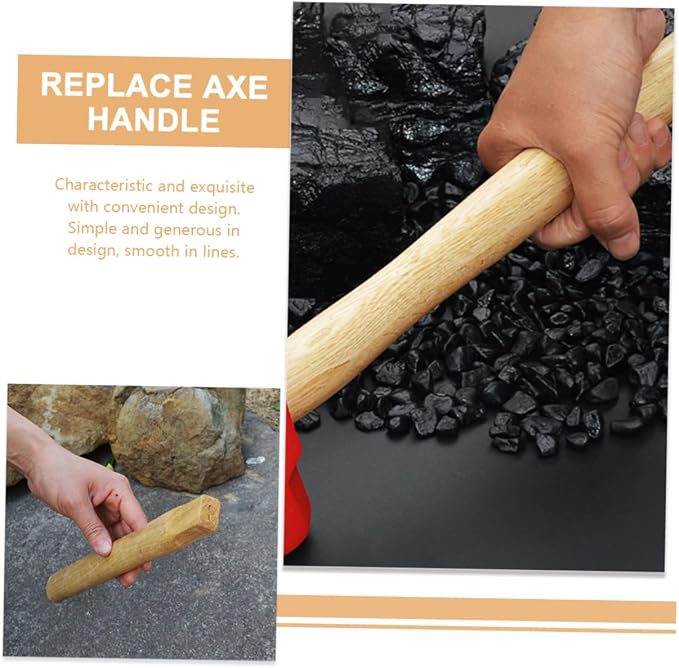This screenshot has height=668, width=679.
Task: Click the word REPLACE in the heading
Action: (x=116, y=85)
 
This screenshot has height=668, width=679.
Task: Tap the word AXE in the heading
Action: (x=235, y=86)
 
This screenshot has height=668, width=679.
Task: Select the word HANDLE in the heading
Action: (x=154, y=119)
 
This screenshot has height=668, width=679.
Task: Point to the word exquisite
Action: (x=222, y=187)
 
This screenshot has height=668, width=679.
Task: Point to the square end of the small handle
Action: (x=209, y=514)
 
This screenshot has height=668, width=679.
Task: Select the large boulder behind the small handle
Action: (x=180, y=438)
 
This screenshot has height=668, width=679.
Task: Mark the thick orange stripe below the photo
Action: (x=476, y=609)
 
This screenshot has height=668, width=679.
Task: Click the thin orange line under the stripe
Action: (x=476, y=628)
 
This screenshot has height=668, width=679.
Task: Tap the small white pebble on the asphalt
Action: (x=255, y=460)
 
